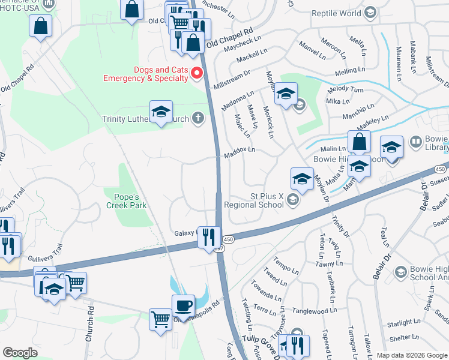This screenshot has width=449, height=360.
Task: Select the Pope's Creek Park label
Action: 126,201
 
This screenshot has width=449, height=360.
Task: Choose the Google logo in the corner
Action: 20,352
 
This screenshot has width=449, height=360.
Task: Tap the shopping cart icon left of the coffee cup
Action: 161,319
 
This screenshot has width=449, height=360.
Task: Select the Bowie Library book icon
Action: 415,142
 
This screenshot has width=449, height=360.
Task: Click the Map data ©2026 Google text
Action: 412,355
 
